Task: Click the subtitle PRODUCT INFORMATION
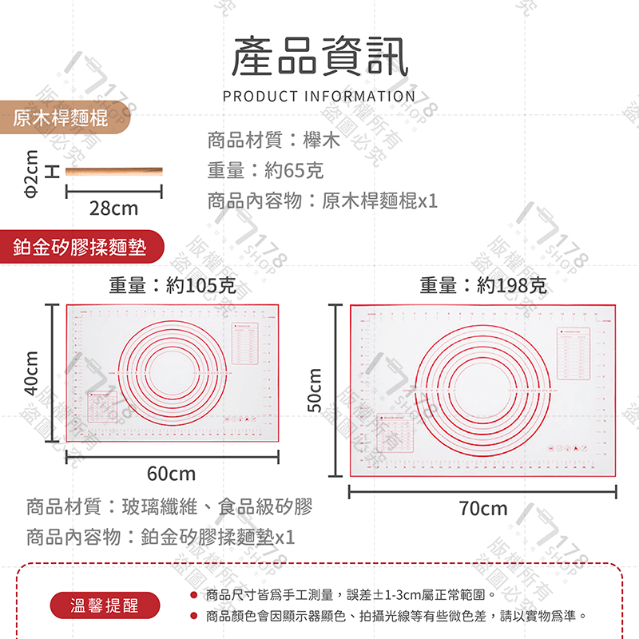coord(319,97)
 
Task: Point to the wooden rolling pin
coord(113,172)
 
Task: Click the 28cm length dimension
coord(113,208)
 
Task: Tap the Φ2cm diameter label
coord(31,173)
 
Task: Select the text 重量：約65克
coord(265,170)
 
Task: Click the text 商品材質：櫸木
coord(273,141)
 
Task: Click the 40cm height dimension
coord(31,372)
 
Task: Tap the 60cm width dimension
coord(171,474)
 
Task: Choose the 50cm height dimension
coord(315,391)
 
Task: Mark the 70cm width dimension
coord(482,509)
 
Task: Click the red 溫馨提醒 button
coord(104,605)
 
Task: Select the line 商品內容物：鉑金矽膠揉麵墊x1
coord(161,536)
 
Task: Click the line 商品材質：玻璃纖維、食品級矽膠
coord(169,506)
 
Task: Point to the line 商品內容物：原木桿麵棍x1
coord(323,200)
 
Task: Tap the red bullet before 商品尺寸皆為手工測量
coord(193,595)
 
